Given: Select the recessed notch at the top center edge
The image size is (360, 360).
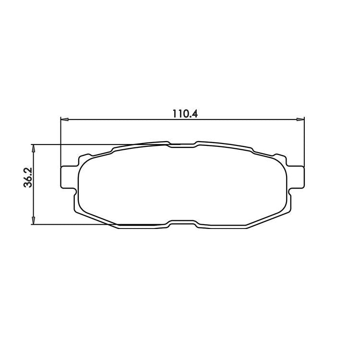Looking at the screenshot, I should click(x=182, y=145).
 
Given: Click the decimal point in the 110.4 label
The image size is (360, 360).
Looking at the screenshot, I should click(x=190, y=117).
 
